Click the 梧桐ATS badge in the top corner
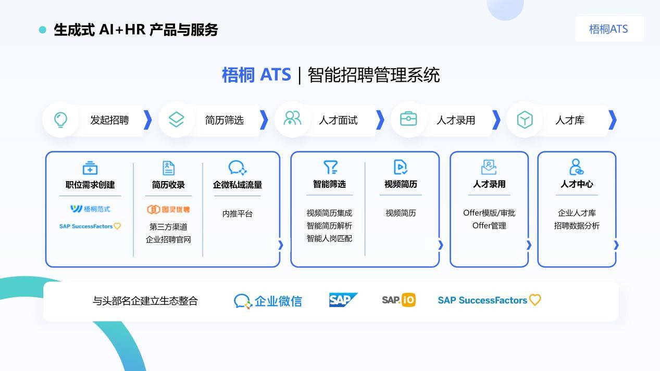[x=609, y=29]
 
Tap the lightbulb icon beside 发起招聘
[x=61, y=120]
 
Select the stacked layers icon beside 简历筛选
[x=176, y=120]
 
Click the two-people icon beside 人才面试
[x=292, y=118]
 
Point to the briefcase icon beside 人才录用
[x=408, y=119]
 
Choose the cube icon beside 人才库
[x=525, y=120]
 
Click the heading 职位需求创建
[x=90, y=185]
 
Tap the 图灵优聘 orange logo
[x=168, y=210]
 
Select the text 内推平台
[x=238, y=213]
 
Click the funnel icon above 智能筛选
[x=331, y=167]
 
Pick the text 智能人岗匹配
[x=329, y=238]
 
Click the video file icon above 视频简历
[x=401, y=167]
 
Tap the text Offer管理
[x=489, y=226]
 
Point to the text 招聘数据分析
[x=577, y=226]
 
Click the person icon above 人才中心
[x=576, y=167]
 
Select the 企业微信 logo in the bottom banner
[x=268, y=301]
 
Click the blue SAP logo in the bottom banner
[x=343, y=300]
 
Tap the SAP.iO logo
[x=399, y=300]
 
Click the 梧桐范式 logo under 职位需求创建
[x=90, y=209]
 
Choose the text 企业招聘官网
[x=168, y=239]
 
